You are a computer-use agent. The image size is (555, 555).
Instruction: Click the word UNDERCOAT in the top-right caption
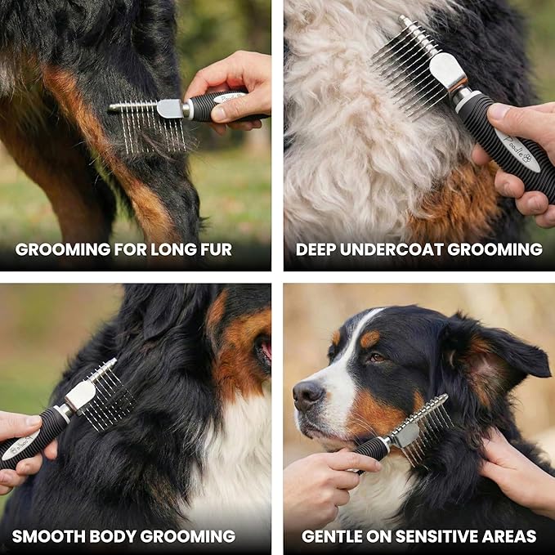[389, 249]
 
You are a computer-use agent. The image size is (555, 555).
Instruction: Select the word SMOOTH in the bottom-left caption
[51, 537]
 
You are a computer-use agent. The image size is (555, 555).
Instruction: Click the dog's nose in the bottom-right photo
[307, 394]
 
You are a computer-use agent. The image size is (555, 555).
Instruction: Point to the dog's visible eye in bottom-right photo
[377, 357]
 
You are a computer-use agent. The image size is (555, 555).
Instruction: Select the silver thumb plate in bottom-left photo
[79, 396]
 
